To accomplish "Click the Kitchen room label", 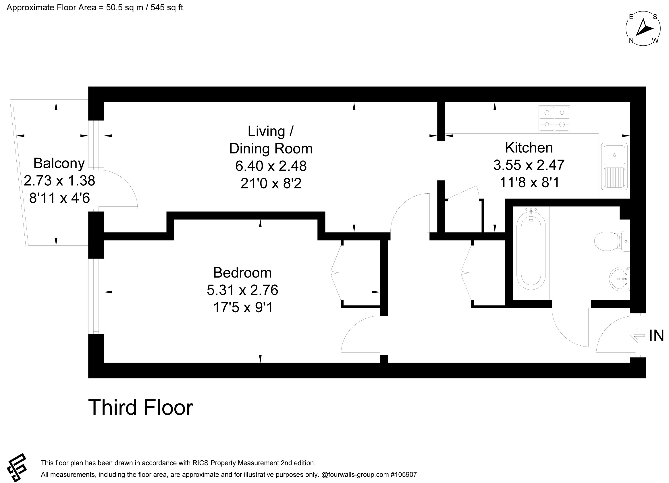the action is [529, 148].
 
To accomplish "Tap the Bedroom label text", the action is [242, 273].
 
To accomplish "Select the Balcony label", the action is [59, 163].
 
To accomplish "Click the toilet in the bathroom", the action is [612, 241].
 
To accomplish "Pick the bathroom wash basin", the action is [619, 278].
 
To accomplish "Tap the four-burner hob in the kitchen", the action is [554, 119].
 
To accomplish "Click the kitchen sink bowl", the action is [614, 155].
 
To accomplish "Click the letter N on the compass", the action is [631, 41].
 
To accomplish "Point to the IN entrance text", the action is [656, 336].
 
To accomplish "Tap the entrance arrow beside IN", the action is [637, 336].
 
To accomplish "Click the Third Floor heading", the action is [141, 408].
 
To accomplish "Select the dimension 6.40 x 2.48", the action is [271, 166].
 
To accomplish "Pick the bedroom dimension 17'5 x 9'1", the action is [243, 307].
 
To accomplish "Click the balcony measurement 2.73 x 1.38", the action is [59, 180].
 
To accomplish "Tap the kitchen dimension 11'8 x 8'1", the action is [529, 182].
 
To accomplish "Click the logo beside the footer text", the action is [17, 468].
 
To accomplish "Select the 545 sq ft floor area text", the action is [167, 8].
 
